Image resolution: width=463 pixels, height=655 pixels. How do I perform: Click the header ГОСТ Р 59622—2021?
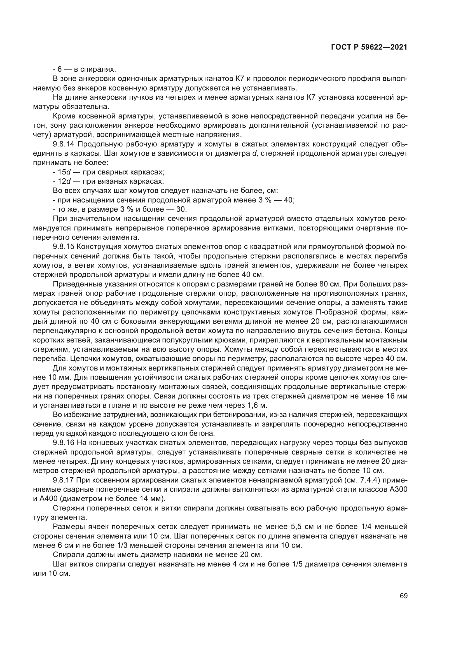(369, 47)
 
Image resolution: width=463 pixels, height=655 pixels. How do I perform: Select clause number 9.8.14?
(63, 144)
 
